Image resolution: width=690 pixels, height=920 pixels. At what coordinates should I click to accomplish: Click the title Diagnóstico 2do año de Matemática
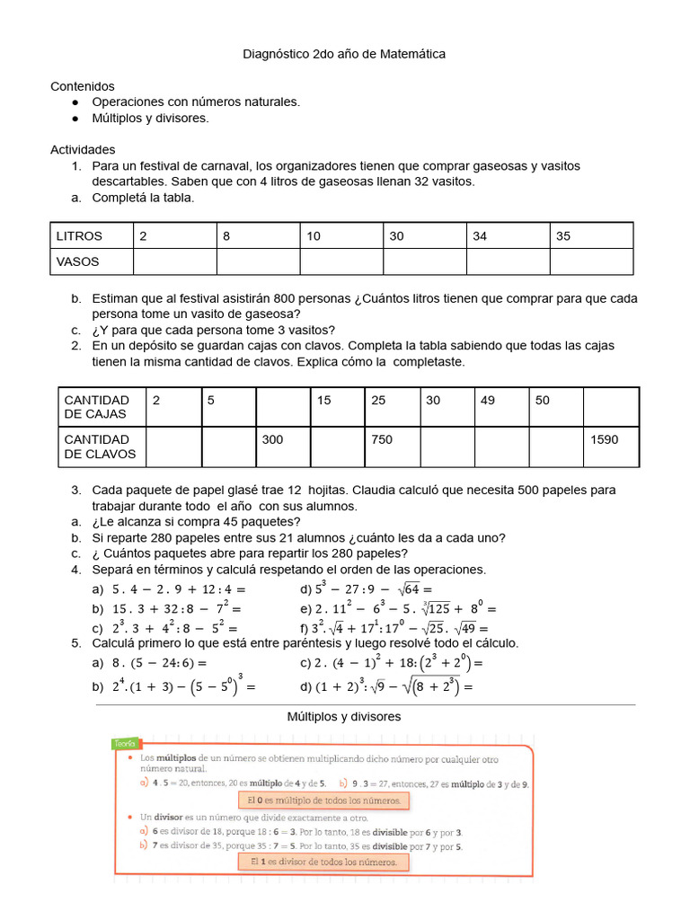pos(344,55)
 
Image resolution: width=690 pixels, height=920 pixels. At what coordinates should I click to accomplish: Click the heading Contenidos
pos(83,86)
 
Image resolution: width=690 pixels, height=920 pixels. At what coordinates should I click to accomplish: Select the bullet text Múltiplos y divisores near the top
pos(150,118)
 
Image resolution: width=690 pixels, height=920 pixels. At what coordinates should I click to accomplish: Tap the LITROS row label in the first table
pos(80,236)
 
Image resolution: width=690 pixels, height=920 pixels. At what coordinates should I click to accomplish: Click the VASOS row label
pos(79,261)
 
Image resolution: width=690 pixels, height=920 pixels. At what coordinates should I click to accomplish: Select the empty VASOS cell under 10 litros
pos(341,261)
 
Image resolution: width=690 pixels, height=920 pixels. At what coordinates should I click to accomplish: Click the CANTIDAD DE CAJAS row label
pos(97,407)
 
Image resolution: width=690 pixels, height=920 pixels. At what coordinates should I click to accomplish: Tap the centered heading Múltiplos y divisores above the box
pos(344,717)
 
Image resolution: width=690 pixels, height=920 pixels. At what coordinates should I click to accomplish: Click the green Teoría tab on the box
pos(125,744)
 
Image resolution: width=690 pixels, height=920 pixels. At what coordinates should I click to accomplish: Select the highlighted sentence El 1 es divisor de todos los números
pos(323,862)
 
